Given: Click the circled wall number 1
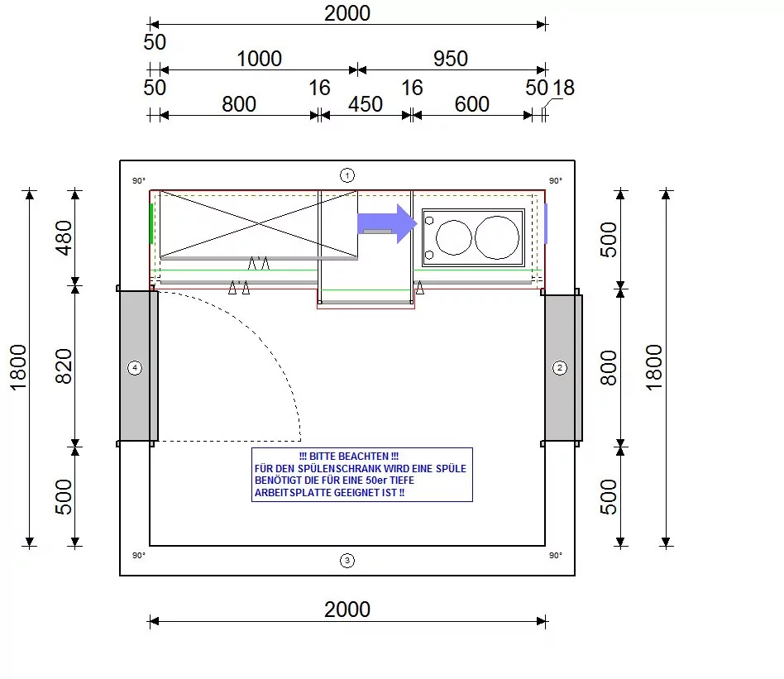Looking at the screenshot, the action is coord(347,175).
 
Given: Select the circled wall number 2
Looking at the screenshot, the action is coord(560,368).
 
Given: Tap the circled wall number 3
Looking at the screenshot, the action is coord(347,561).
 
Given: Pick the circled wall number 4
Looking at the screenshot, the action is coord(135,368).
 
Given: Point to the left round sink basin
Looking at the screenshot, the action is coord(453,237).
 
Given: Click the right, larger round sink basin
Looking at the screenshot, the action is coord(497,237).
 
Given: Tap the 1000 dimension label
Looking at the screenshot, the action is coord(259,59).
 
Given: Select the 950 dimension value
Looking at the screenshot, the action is coord(451,59).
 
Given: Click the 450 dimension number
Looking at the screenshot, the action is coord(366,104).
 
